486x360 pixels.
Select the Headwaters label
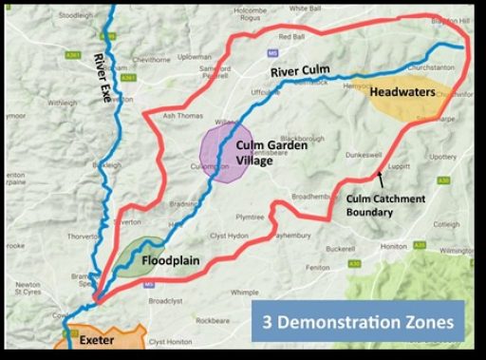pyautogui.click(x=402, y=92)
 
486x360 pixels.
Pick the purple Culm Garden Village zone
pyautogui.click(x=225, y=152)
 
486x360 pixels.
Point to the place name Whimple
pyautogui.click(x=245, y=294)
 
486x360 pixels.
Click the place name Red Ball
pyautogui.click(x=292, y=37)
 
